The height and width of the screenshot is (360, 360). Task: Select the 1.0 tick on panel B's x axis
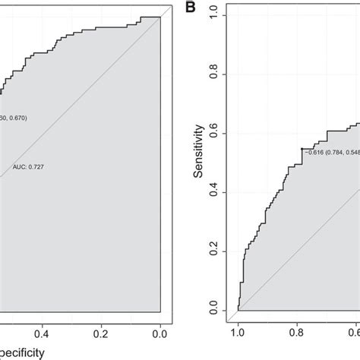click(238, 332)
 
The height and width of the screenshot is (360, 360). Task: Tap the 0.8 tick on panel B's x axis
click(297, 332)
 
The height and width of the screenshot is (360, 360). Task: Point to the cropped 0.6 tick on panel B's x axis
click(355, 332)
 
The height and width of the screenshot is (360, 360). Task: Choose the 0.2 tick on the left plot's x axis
click(102, 332)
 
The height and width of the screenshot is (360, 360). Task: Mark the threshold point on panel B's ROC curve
click(302, 149)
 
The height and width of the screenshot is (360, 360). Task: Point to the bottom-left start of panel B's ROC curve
click(238, 311)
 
